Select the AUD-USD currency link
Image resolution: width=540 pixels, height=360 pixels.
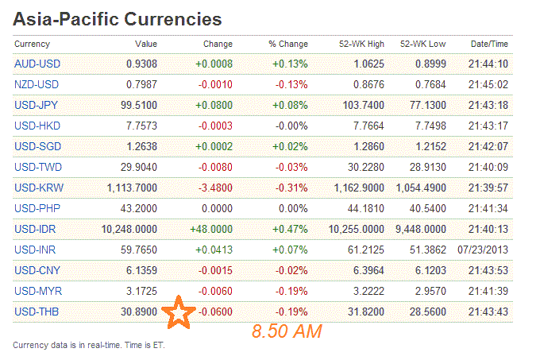37,64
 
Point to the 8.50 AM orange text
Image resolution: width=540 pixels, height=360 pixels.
287,331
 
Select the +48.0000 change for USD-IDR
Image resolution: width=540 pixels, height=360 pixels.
211,229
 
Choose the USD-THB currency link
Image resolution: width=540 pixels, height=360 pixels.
37,312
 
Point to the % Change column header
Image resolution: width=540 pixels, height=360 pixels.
287,44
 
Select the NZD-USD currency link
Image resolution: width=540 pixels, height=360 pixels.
37,84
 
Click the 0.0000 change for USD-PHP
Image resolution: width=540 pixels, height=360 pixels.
214,208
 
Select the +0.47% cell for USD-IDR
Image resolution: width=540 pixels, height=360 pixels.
291,229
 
